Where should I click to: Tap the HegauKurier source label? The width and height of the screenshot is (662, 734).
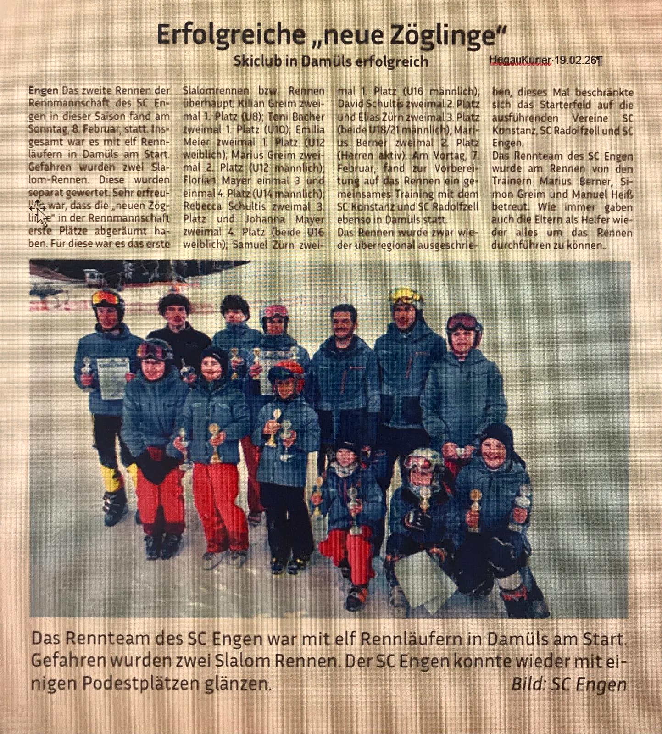520,60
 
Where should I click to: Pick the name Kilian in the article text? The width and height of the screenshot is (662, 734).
251,104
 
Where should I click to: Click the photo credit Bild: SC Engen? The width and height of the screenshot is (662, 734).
569,684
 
